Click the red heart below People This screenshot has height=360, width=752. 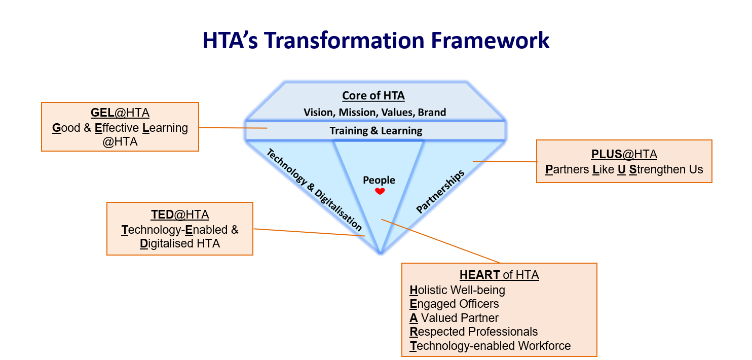point(380,191)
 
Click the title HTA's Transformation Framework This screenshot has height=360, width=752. point(375,41)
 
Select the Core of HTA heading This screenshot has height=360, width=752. point(373,96)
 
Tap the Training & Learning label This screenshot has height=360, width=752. point(375,131)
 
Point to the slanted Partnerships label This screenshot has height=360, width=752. point(440,191)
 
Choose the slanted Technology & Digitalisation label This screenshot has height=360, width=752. point(314,190)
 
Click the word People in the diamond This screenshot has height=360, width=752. point(379,180)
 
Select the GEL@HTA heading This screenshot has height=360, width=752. point(120,113)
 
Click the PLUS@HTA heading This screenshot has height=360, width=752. point(624,155)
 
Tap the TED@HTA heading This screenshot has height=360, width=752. point(179,214)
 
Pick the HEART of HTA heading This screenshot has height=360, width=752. point(499,275)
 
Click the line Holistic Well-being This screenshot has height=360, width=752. point(457,290)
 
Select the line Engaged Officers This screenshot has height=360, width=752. point(454,304)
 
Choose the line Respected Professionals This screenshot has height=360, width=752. point(473,332)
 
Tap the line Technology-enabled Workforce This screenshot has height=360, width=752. point(490,346)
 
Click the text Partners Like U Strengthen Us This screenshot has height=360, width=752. point(624,169)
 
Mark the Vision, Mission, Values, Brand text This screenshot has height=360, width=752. point(374,112)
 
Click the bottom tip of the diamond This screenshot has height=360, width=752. point(381,253)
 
